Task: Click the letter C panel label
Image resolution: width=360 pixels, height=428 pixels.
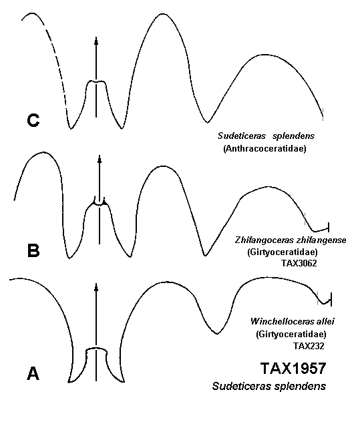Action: click(x=33, y=120)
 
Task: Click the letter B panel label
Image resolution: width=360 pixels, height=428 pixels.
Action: click(x=33, y=250)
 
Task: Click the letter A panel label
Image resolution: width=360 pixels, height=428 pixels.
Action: click(x=33, y=373)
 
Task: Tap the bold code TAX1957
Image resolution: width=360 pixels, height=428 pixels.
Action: click(x=293, y=368)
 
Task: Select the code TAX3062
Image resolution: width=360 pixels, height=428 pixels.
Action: click(x=299, y=263)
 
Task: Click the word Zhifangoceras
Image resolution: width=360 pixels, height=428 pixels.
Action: click(x=264, y=240)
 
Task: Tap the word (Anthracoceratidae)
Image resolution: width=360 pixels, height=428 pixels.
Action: click(x=264, y=149)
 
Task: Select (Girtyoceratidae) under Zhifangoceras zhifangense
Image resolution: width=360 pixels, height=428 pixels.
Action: click(x=283, y=252)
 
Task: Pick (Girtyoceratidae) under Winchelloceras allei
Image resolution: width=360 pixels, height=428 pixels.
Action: click(x=291, y=334)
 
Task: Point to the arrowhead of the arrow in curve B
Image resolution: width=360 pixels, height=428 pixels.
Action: click(x=100, y=159)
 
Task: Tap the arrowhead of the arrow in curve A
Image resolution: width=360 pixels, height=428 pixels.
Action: click(x=96, y=287)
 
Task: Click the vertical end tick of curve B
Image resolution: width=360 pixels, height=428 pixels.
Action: click(x=329, y=227)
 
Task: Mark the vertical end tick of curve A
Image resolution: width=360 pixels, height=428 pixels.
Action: click(x=331, y=299)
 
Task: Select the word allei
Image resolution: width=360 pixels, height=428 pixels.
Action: click(x=325, y=321)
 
